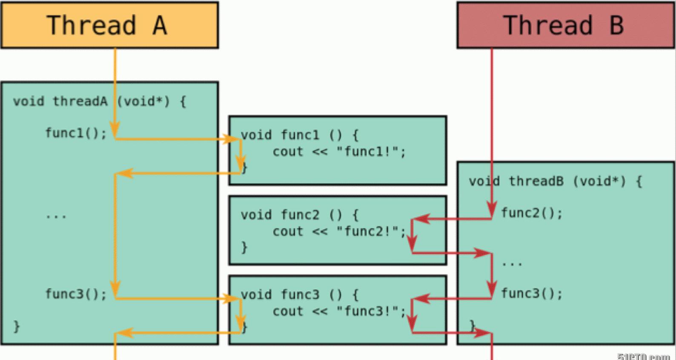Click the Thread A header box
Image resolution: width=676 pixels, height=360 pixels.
click(x=109, y=25)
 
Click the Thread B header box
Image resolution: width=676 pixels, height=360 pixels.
click(x=565, y=25)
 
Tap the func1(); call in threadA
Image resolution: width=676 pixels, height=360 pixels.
click(x=76, y=133)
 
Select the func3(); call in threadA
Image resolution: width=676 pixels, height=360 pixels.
click(x=76, y=294)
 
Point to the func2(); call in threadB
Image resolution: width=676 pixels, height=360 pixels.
click(x=532, y=213)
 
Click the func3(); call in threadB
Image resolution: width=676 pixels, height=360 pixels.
click(x=532, y=293)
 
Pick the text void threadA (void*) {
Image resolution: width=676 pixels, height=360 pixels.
click(x=99, y=101)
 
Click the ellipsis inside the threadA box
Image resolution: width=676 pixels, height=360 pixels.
click(x=56, y=216)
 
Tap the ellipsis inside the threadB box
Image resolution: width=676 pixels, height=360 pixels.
click(x=512, y=264)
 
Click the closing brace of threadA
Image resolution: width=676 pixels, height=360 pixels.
click(x=17, y=326)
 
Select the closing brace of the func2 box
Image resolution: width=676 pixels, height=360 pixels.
click(x=244, y=247)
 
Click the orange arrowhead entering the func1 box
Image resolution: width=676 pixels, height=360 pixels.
click(x=231, y=139)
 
